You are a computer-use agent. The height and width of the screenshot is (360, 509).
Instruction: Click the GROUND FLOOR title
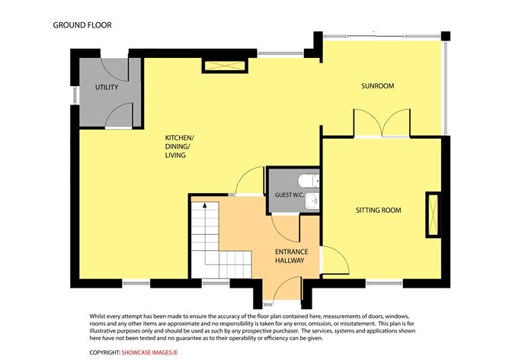[x=82, y=24]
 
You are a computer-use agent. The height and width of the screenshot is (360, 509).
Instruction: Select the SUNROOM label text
[x=377, y=86]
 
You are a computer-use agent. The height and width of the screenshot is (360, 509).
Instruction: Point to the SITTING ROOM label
[x=379, y=210]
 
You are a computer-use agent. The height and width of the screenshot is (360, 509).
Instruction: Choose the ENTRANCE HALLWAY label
[x=290, y=256]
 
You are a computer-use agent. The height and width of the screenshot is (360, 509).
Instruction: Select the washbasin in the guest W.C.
[x=314, y=201]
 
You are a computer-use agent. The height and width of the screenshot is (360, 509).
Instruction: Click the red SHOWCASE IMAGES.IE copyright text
[x=153, y=352]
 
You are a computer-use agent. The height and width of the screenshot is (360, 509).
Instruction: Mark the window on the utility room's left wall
[x=75, y=96]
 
